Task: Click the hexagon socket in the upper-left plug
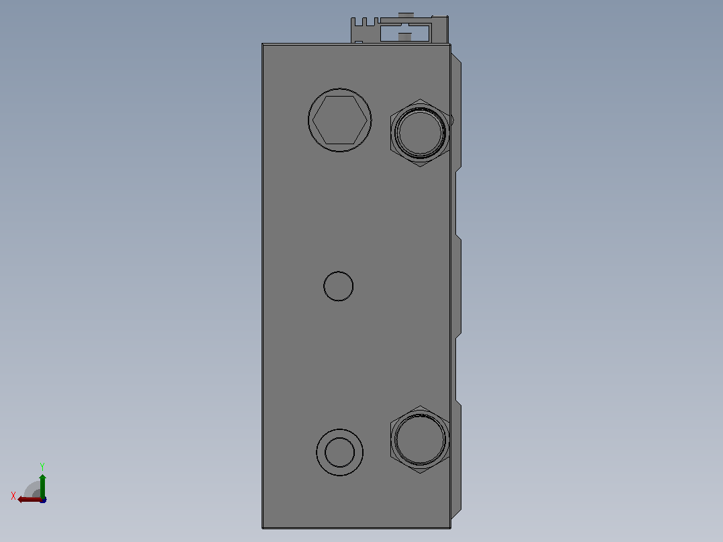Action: [x=340, y=120]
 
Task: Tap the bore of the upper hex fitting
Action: [x=420, y=133]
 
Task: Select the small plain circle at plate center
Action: [x=339, y=286]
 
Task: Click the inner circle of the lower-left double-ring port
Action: [x=340, y=453]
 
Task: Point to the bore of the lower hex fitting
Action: [x=420, y=439]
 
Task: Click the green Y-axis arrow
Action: [x=42, y=486]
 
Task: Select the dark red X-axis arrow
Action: [x=30, y=500]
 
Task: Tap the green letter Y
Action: [x=42, y=467]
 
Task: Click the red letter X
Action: [x=13, y=496]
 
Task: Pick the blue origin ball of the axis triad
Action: [x=43, y=500]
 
